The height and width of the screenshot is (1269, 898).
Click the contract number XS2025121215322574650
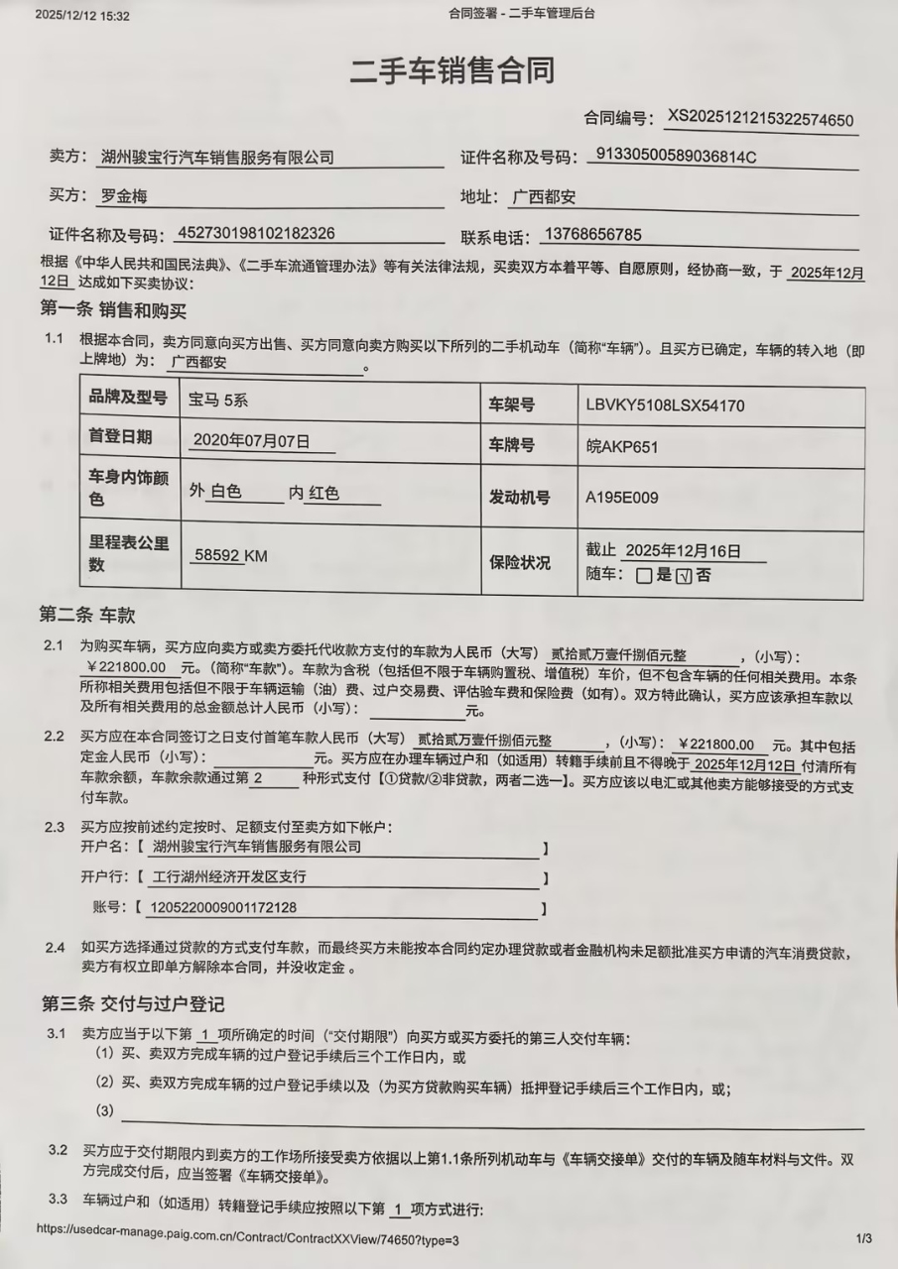pos(760,119)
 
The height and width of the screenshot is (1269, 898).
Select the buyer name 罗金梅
pos(124,196)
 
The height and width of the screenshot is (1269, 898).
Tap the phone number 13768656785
pos(592,235)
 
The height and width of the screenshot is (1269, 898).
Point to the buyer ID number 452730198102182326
pos(255,234)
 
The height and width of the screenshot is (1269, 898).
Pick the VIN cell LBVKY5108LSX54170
pos(665,404)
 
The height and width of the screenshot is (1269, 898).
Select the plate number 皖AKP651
pos(622,446)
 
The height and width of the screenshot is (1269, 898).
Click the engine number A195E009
pos(622,498)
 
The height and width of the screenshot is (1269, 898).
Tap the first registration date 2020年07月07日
pos(251,439)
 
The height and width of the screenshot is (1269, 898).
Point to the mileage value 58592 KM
pos(230,556)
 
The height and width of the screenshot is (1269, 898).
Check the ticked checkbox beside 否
pos(683,575)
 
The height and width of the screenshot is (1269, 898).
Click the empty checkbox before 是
pos(644,575)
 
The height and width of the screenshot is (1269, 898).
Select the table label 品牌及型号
pos(128,398)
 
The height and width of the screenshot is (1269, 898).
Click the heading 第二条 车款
pos(86,615)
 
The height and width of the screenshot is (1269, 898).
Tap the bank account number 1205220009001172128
pos(222,907)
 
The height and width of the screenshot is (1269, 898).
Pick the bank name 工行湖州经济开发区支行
pos(229,877)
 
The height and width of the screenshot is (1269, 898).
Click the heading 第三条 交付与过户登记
pos(132,1003)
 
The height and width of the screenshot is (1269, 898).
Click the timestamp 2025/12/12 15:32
pos(82,16)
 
